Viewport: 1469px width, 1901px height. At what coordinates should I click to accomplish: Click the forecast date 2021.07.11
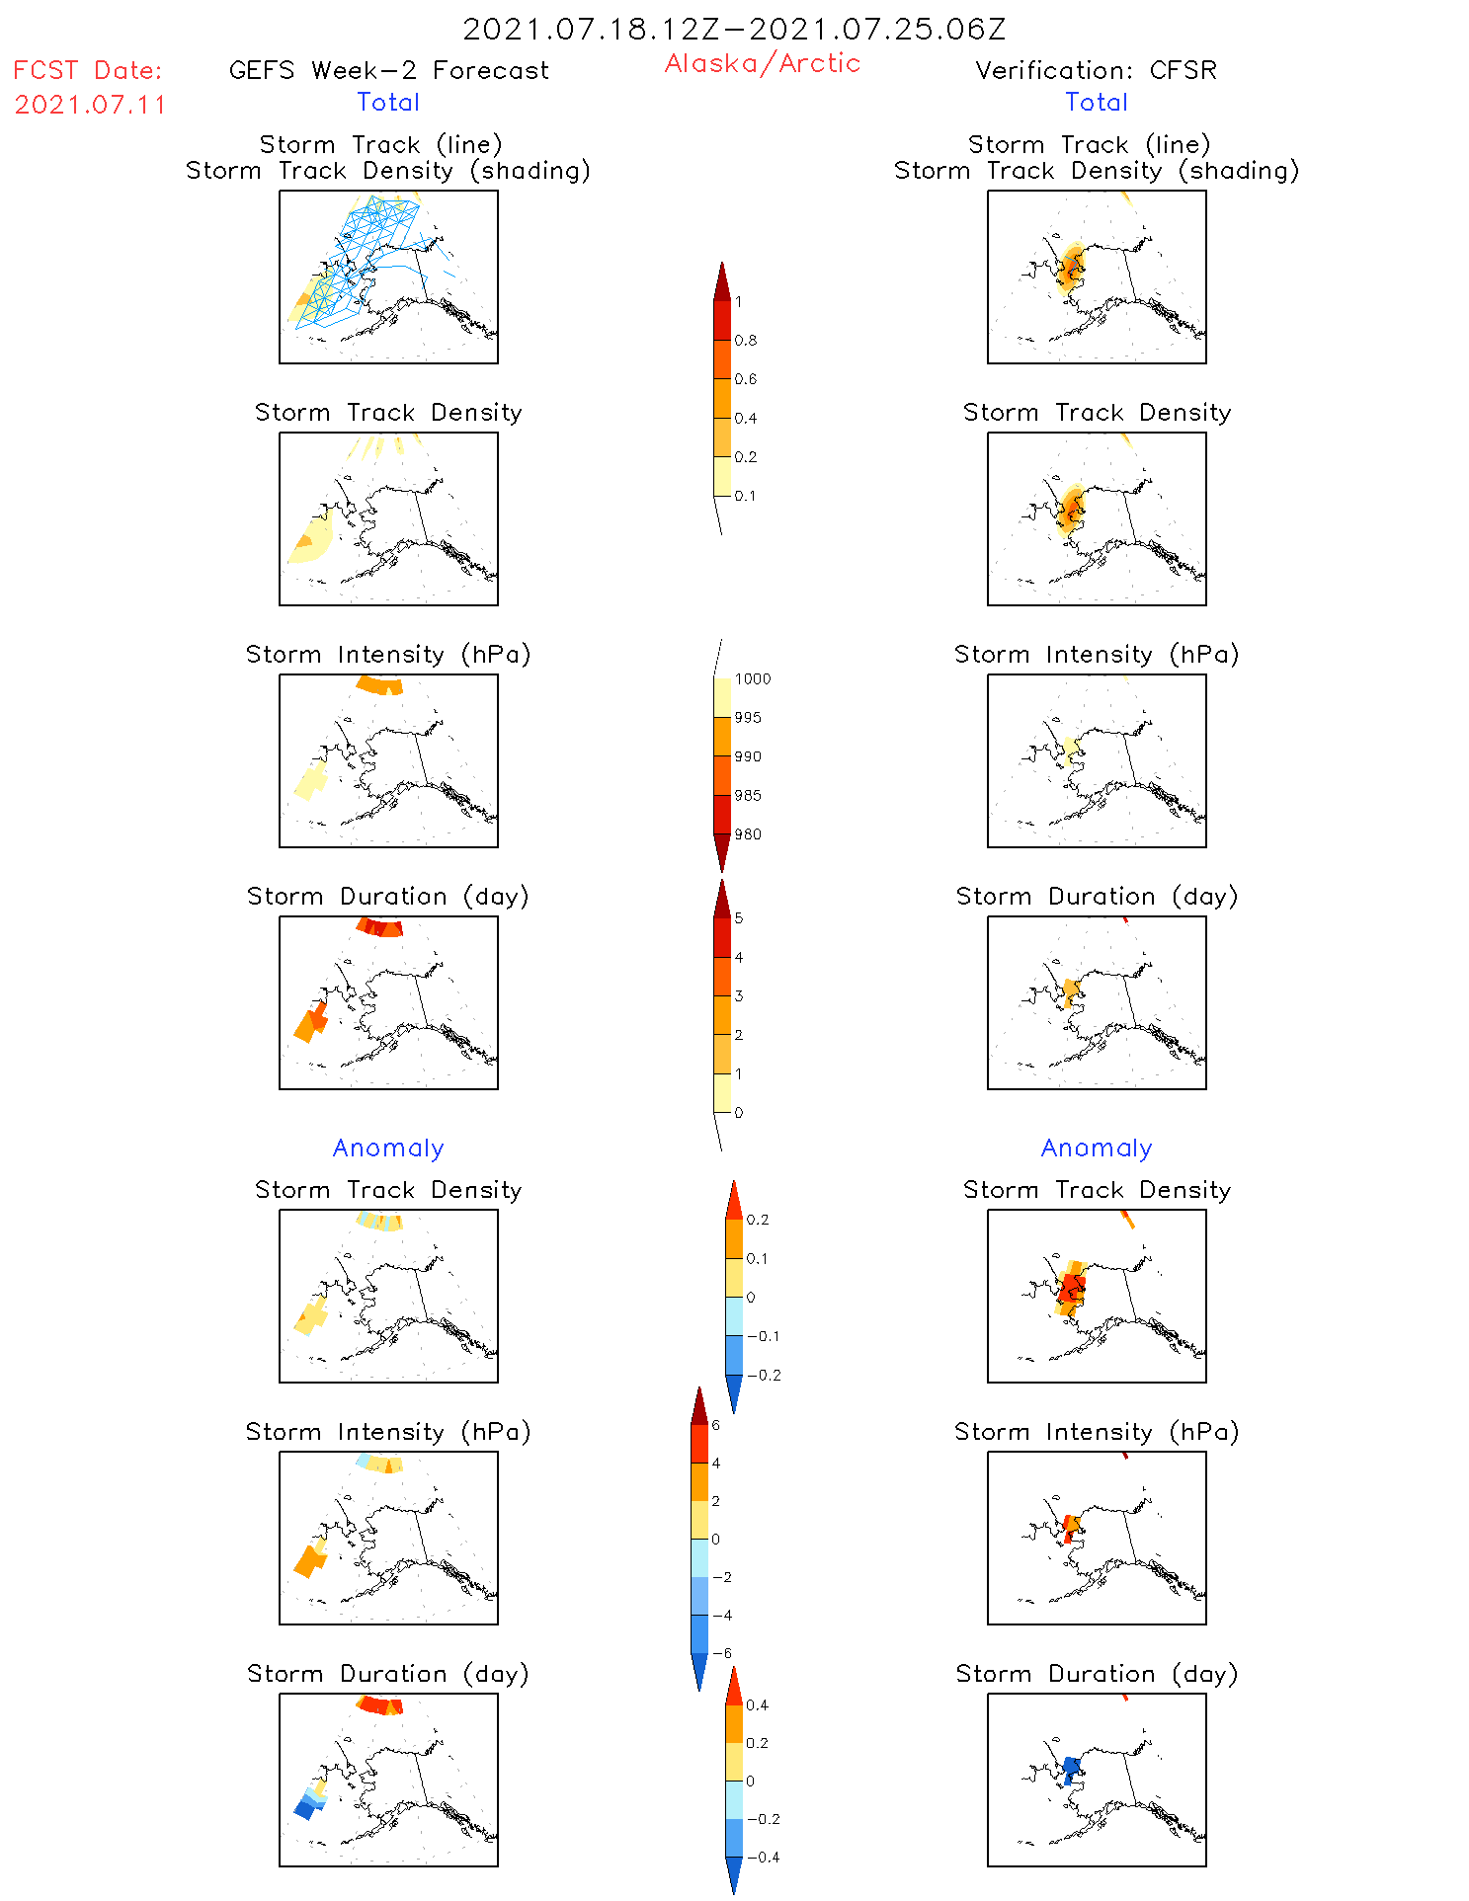point(90,105)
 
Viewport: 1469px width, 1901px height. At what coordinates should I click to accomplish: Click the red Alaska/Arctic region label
point(762,63)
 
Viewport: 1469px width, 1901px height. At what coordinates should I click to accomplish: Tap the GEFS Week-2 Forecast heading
point(388,71)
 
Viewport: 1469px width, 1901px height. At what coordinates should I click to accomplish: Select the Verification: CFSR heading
point(1096,71)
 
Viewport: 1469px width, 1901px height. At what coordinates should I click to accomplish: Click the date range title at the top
point(734,30)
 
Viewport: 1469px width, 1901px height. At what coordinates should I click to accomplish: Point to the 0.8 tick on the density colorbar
point(746,341)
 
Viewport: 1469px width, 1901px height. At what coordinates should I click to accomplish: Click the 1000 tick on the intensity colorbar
point(752,679)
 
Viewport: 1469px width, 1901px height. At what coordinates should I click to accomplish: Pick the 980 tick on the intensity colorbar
point(748,834)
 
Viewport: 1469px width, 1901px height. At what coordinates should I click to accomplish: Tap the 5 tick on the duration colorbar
point(739,918)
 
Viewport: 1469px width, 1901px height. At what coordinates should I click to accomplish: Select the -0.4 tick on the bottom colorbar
point(763,1858)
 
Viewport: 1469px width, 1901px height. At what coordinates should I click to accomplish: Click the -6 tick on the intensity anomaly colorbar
point(721,1653)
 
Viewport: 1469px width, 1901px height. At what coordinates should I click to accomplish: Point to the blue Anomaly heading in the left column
point(388,1148)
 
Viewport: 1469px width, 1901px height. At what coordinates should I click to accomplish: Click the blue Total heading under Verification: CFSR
point(1096,103)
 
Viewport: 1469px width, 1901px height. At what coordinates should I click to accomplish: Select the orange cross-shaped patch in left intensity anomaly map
point(310,1560)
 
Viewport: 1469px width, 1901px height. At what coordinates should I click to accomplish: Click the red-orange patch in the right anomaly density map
point(1071,1289)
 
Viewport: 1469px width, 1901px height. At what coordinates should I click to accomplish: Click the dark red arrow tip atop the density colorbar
point(722,281)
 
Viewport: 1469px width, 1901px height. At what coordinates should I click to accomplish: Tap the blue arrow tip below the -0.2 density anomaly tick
point(734,1393)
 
